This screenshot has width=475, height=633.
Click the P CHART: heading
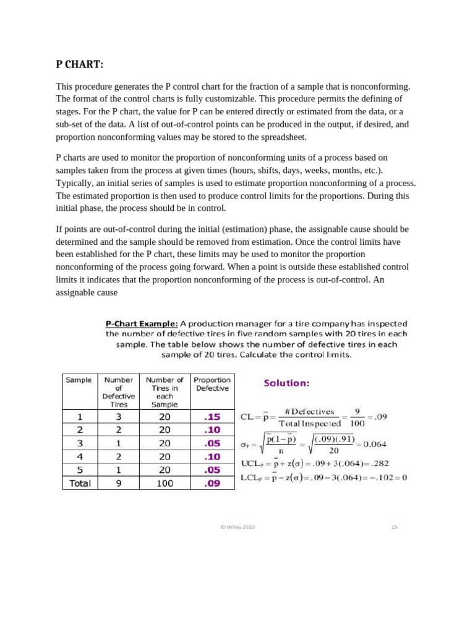point(80,66)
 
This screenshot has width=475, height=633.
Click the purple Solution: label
point(286,383)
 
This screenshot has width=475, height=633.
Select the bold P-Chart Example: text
point(142,323)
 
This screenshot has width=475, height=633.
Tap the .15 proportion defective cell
point(212,417)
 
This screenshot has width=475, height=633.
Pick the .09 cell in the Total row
point(212,483)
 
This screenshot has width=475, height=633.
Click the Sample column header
point(79,380)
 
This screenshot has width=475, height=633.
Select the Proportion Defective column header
point(212,384)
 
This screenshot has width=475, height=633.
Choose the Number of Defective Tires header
point(119,392)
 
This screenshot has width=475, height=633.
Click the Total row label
point(80,483)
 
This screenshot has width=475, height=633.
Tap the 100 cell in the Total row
point(165,483)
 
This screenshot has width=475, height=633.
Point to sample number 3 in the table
point(79,443)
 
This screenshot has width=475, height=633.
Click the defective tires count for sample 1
point(119,417)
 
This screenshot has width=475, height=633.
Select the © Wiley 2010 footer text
point(237,527)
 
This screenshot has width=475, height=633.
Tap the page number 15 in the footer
point(394,527)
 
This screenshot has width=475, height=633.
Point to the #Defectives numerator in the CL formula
point(309,412)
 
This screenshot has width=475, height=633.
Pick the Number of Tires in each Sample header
point(165,392)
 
